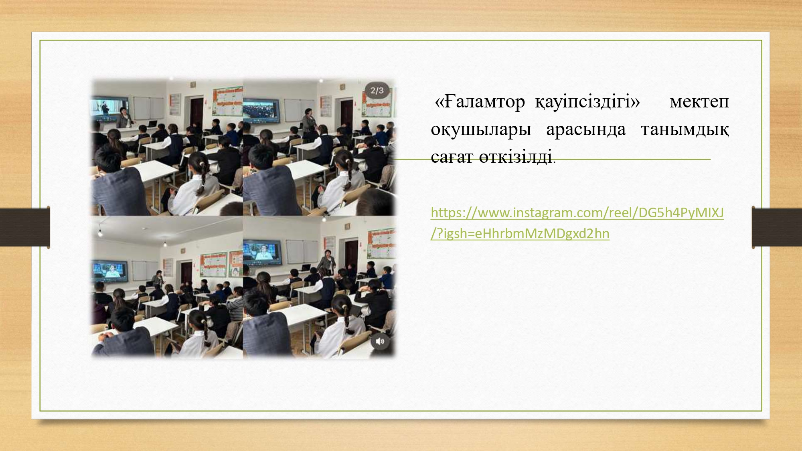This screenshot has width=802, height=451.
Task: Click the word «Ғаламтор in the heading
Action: click(x=480, y=102)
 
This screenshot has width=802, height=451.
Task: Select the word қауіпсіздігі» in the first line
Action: click(x=587, y=102)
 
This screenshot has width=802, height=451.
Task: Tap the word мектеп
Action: click(x=699, y=103)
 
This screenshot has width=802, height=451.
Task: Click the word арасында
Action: click(x=586, y=129)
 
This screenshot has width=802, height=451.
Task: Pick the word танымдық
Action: click(x=685, y=130)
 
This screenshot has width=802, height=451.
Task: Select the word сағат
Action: click(x=452, y=157)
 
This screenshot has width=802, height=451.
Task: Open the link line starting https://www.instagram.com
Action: click(x=577, y=212)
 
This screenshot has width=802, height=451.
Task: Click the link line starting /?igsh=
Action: click(x=520, y=233)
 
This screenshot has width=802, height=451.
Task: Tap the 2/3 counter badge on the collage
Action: click(x=377, y=91)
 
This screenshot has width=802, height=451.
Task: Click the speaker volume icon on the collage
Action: click(x=380, y=342)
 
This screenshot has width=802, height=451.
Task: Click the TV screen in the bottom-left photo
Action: click(x=110, y=271)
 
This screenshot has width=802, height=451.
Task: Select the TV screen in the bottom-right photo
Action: click(x=262, y=251)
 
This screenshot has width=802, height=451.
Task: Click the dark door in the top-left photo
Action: click(x=196, y=112)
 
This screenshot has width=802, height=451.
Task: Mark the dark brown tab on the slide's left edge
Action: click(x=25, y=227)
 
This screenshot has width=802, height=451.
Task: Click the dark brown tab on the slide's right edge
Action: click(x=777, y=227)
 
